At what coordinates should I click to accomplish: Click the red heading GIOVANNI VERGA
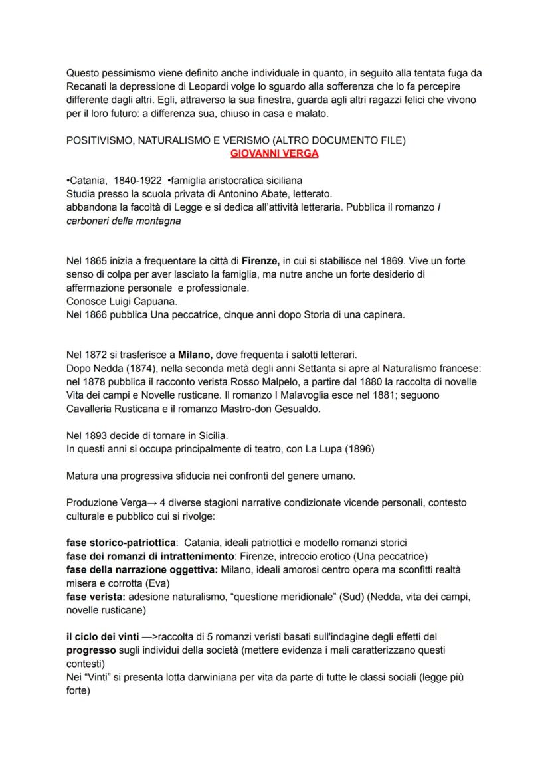point(274,154)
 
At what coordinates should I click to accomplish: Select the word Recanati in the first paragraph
point(89,87)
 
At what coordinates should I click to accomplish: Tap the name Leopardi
point(210,87)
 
